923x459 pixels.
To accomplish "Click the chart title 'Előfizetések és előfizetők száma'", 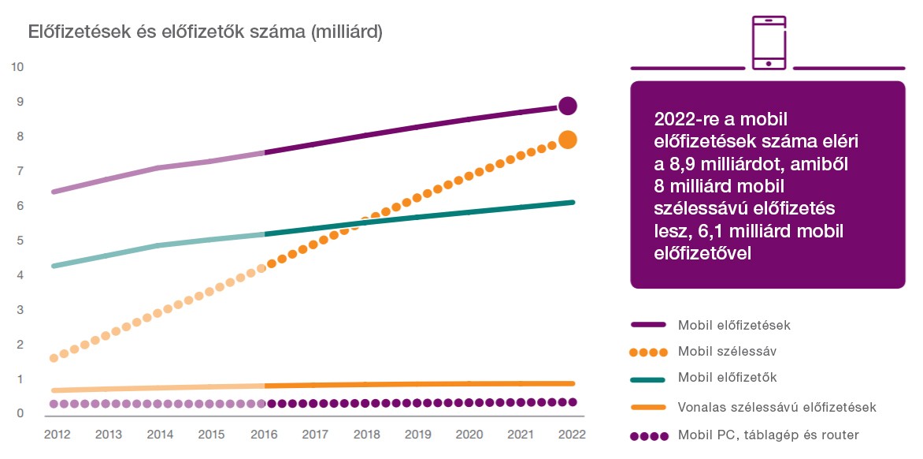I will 205,32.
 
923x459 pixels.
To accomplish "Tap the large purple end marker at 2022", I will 568,106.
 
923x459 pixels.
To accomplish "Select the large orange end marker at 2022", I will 568,140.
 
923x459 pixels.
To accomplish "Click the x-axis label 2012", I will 57,434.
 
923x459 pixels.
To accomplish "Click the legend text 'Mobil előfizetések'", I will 734,324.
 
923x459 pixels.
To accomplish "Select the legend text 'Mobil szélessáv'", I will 723,351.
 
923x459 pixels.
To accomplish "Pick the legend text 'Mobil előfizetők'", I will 727,378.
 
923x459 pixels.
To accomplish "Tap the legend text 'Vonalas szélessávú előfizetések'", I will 777,407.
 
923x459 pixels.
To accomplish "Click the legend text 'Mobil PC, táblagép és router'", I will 768,435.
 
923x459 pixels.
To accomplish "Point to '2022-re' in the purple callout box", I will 683,119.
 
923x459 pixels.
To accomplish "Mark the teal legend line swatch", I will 649,379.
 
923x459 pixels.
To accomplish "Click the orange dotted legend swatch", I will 649,352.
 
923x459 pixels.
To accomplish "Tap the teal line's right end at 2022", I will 573,203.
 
